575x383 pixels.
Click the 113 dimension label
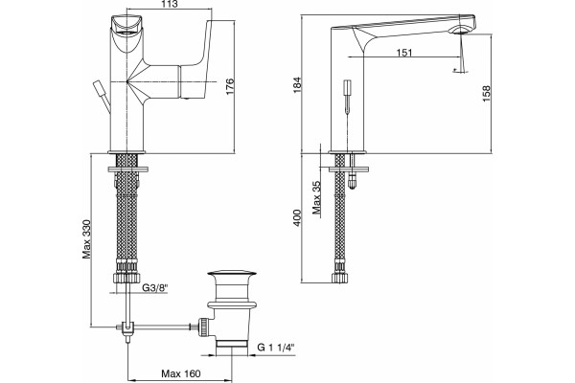(x=170, y=4)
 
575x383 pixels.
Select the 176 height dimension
(x=230, y=86)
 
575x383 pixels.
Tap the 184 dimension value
(x=297, y=84)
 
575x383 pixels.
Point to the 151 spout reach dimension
(x=404, y=53)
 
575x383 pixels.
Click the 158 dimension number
(x=486, y=94)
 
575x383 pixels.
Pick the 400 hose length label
(x=297, y=217)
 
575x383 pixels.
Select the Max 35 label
(x=316, y=198)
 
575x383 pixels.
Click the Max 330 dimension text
(x=86, y=239)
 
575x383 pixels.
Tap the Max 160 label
(x=181, y=373)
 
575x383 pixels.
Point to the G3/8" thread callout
(x=154, y=288)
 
